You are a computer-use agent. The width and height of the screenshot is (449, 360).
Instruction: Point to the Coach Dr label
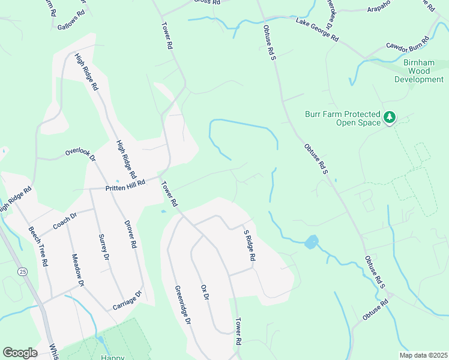click(x=65, y=221)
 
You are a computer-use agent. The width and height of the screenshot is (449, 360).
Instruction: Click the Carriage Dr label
click(x=126, y=301)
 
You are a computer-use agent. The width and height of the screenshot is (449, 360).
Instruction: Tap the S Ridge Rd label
click(x=249, y=245)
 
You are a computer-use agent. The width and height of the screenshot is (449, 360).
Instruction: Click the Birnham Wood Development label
click(x=418, y=71)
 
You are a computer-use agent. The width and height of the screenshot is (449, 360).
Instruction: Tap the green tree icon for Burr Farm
click(x=390, y=117)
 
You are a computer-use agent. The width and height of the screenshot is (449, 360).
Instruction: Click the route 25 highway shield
click(x=23, y=272)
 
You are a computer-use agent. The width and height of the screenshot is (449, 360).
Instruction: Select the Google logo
click(x=20, y=353)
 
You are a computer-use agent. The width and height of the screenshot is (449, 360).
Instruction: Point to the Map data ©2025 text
click(x=423, y=355)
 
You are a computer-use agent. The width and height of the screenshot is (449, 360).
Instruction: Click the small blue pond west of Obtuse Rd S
click(x=311, y=242)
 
